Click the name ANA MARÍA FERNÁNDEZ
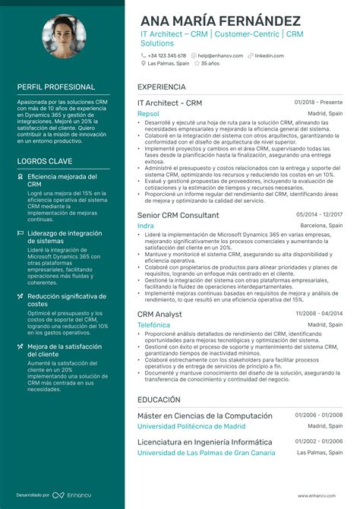tap(219, 21)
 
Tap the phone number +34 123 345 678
tap(166, 55)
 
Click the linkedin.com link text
tap(269, 55)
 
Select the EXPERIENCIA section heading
tap(162, 87)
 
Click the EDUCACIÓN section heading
tap(159, 400)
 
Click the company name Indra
tap(145, 226)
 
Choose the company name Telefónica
tap(153, 325)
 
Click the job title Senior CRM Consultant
tap(178, 216)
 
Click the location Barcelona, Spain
tap(321, 226)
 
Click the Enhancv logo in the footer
tap(78, 495)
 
